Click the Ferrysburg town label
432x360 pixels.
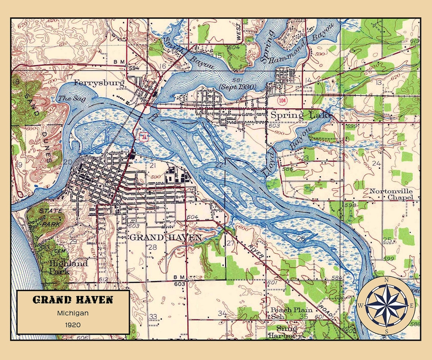[99, 83]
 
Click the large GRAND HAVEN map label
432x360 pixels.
[166, 238]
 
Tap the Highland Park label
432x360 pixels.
[68, 267]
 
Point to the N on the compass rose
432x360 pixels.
[386, 280]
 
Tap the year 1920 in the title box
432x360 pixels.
[72, 324]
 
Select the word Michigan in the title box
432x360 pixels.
[72, 313]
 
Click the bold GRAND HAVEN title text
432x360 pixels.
[72, 300]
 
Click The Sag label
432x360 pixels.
[67, 98]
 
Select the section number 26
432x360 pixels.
[301, 239]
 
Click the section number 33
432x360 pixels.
[153, 316]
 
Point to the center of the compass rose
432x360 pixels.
[386, 306]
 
